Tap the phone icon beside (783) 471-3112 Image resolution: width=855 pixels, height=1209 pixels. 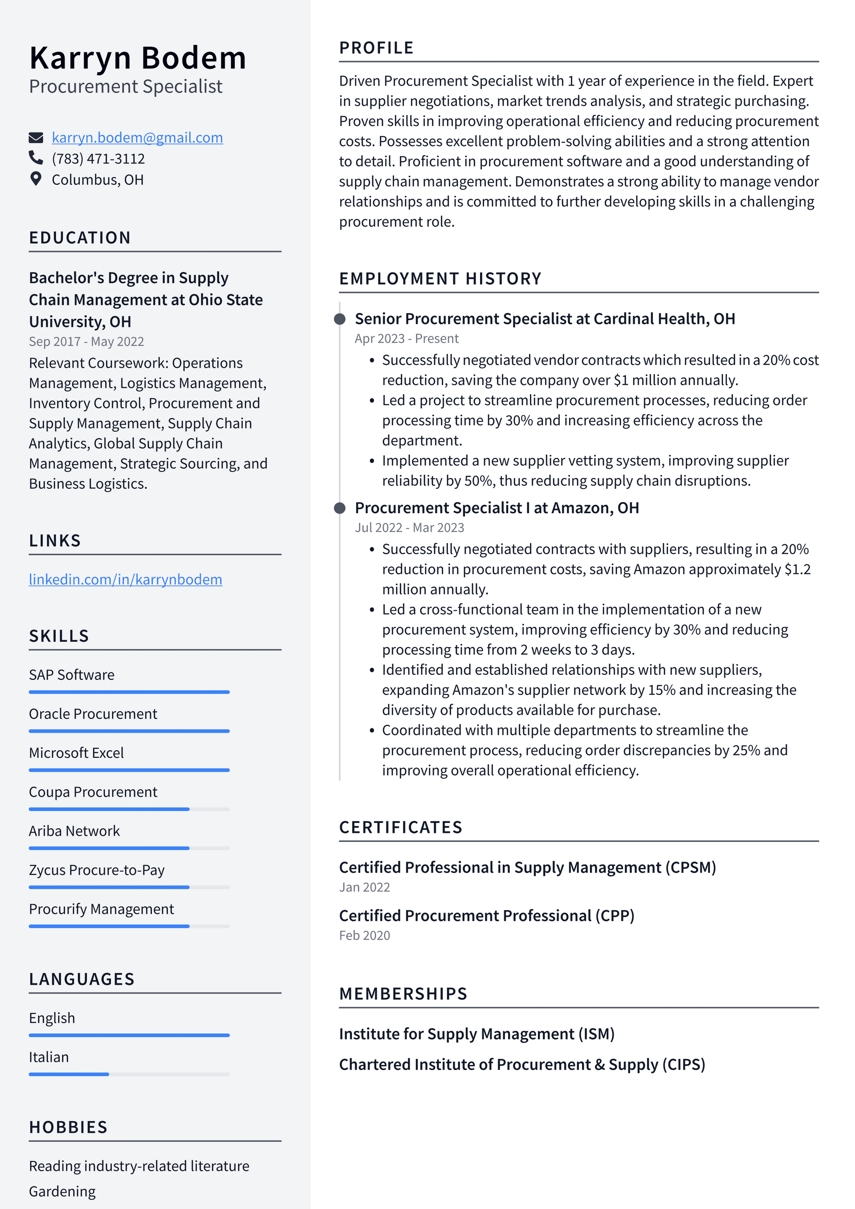click(36, 158)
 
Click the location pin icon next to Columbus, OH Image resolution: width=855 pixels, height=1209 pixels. click(36, 179)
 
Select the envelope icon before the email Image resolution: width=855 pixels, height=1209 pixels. click(36, 138)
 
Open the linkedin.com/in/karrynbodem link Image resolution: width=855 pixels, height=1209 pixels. click(125, 579)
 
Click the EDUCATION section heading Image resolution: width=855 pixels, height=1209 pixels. click(80, 237)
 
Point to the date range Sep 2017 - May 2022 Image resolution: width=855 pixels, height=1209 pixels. click(86, 341)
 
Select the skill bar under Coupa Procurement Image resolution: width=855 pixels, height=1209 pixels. click(129, 809)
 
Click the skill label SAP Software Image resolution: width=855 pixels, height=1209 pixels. click(72, 674)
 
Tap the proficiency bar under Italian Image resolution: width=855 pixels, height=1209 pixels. click(129, 1074)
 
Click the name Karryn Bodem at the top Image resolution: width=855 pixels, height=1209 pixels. click(138, 58)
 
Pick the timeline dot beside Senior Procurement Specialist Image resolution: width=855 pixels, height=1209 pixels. click(340, 319)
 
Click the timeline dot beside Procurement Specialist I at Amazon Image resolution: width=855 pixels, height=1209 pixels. click(340, 508)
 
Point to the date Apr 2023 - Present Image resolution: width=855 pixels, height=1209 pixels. click(407, 339)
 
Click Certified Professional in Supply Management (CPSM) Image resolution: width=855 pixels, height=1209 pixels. click(527, 867)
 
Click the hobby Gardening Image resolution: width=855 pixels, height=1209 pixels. click(62, 1191)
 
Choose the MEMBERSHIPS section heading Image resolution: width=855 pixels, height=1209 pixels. click(403, 994)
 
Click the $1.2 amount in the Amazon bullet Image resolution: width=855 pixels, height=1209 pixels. click(798, 569)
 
